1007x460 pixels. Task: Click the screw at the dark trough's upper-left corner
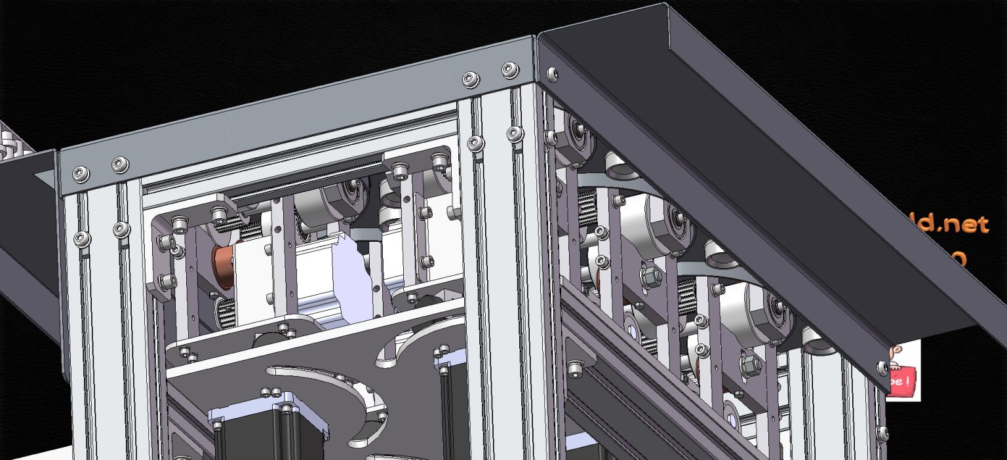553,75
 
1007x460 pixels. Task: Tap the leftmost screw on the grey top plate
80,173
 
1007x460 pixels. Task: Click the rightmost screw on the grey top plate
509,68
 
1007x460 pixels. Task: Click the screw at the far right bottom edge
882,433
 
